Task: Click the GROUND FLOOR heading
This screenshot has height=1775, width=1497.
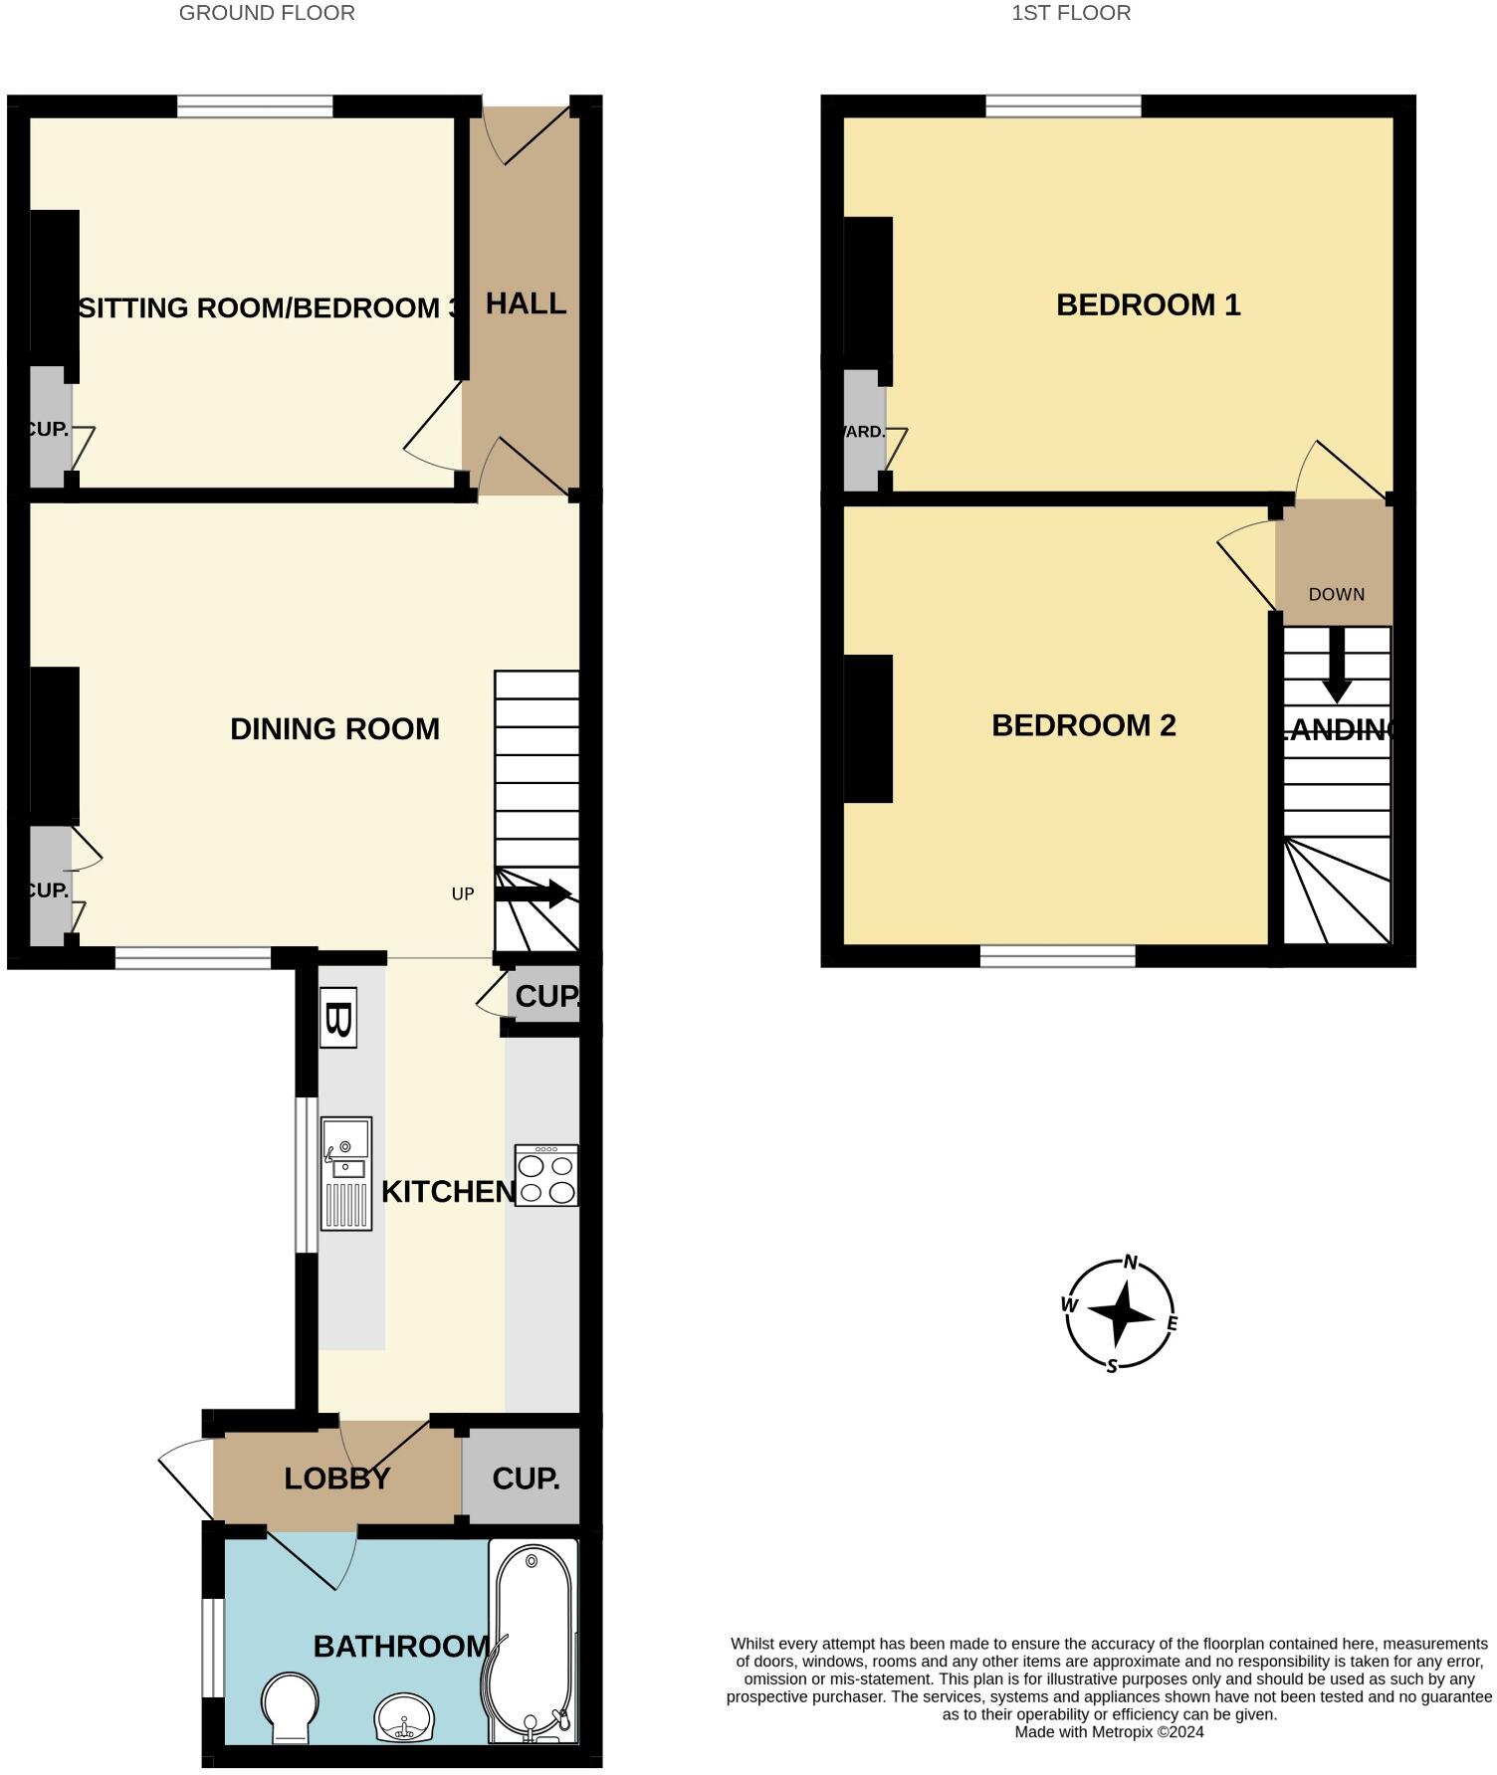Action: [267, 13]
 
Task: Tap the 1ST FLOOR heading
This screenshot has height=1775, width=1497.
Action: [1071, 13]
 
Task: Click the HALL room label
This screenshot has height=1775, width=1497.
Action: [526, 303]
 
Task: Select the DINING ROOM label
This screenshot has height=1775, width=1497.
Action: [334, 729]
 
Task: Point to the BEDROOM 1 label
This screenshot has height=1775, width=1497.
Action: [1148, 304]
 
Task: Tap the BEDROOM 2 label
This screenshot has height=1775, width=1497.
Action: [1083, 725]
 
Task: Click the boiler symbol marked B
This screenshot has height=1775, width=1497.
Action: [337, 1018]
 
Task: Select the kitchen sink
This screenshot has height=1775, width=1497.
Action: [345, 1173]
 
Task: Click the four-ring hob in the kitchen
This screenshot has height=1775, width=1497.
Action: [546, 1176]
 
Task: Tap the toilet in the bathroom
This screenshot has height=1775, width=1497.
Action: [291, 1705]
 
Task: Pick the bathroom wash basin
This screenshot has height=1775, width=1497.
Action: [404, 1718]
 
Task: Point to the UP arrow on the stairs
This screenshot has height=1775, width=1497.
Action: [533, 893]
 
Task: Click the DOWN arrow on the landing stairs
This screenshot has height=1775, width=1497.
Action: [1337, 665]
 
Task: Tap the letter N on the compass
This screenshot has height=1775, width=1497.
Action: [1130, 1263]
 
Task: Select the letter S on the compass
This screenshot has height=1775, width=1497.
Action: [1113, 1366]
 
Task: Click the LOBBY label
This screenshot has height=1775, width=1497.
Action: [336, 1479]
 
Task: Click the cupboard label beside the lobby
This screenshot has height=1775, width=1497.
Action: [526, 1479]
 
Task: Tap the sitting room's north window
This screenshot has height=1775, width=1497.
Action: [255, 106]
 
